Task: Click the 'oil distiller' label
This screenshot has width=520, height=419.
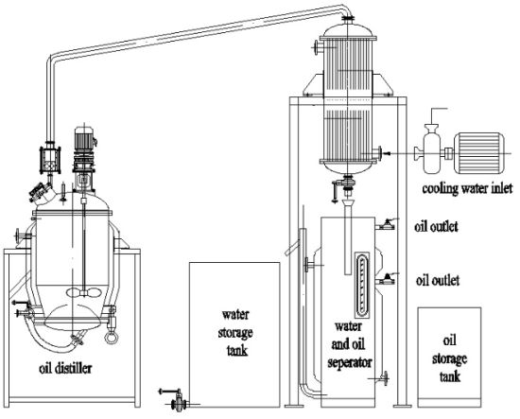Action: click(65, 368)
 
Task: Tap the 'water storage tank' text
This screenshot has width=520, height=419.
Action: click(235, 332)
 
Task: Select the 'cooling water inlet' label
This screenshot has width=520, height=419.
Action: click(467, 189)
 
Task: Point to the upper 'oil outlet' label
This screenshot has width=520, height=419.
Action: click(436, 227)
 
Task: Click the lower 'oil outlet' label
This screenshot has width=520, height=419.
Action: click(438, 281)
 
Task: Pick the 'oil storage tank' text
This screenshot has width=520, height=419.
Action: click(449, 359)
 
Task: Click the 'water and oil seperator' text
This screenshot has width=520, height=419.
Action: click(349, 344)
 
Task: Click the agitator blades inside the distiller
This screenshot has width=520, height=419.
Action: click(83, 292)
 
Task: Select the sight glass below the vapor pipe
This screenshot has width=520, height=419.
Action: click(50, 160)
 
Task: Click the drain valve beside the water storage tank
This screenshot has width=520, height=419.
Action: click(178, 400)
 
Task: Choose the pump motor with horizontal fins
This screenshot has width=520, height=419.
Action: click(478, 153)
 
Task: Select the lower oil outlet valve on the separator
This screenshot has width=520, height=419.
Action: click(387, 279)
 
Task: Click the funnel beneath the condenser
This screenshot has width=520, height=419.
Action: click(348, 202)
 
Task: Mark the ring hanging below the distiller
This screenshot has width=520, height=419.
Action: click(110, 338)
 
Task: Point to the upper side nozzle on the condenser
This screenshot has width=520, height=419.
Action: click(319, 47)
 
